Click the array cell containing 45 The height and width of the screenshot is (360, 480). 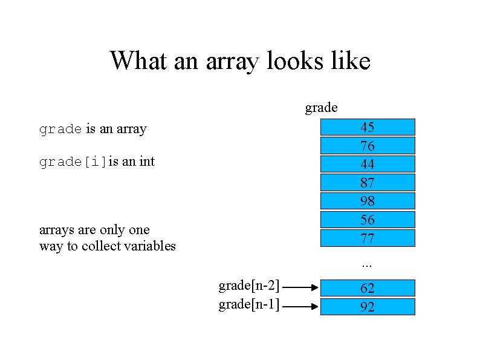[368, 127]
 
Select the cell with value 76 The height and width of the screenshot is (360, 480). [368, 146]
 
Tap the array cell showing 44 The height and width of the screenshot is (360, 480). [368, 164]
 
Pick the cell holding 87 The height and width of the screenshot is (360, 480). [368, 183]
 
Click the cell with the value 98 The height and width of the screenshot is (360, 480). [368, 201]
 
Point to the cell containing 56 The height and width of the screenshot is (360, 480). [368, 219]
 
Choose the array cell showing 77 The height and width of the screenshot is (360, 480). [368, 238]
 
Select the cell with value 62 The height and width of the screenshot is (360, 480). [368, 288]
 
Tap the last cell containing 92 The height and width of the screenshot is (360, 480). [368, 307]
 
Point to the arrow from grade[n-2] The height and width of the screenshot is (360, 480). [300, 288]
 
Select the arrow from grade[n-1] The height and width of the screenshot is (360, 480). [300, 307]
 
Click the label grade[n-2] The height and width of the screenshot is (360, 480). [248, 285]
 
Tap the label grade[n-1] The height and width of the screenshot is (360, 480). [248, 304]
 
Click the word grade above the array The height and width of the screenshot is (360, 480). [321, 108]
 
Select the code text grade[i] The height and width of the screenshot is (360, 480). [73, 162]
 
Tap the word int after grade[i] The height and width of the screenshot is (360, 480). [146, 162]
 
